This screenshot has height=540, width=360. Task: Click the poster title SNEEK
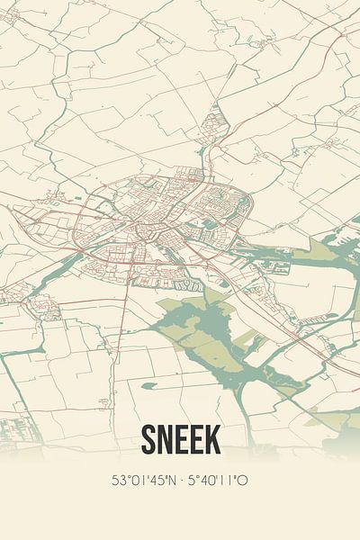pyautogui.click(x=180, y=440)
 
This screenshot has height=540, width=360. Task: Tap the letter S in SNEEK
pyautogui.click(x=149, y=440)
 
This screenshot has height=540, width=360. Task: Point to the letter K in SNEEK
pyautogui.click(x=211, y=440)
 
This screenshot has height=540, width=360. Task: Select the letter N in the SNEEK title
pyautogui.click(x=166, y=440)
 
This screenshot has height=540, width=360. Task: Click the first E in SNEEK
pyautogui.click(x=181, y=440)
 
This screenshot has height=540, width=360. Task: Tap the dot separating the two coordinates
pyautogui.click(x=182, y=481)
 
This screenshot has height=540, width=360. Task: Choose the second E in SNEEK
pyautogui.click(x=195, y=440)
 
